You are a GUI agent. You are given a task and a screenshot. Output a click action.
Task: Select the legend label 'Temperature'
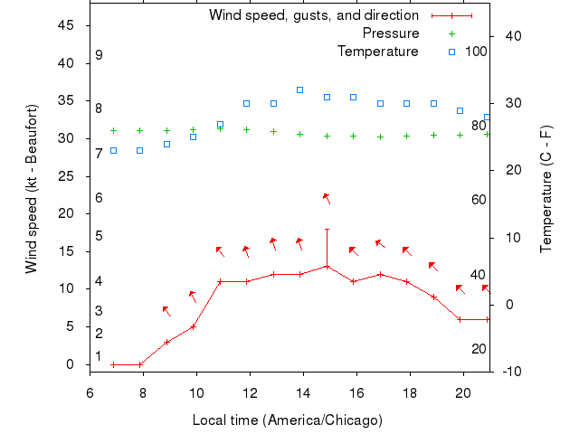pyautogui.click(x=377, y=52)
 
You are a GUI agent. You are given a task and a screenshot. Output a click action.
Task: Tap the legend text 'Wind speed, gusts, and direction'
pyautogui.click(x=313, y=15)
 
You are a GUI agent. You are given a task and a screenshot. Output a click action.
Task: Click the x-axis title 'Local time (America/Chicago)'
pyautogui.click(x=287, y=420)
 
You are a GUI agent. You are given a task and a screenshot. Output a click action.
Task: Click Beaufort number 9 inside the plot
pyautogui.click(x=99, y=55)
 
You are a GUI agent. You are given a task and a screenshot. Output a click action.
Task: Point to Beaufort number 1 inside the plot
pyautogui.click(x=99, y=356)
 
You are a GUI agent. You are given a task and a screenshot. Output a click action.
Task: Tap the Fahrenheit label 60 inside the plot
pyautogui.click(x=479, y=200)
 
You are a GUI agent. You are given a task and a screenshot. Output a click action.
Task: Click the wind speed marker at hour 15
pyautogui.click(x=327, y=267)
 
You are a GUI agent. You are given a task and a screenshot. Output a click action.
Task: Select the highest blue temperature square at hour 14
pyautogui.click(x=300, y=90)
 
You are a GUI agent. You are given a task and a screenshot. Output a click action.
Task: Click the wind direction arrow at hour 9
pyautogui.click(x=166, y=311)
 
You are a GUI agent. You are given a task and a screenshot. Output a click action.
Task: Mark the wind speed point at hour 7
pyautogui.click(x=113, y=364)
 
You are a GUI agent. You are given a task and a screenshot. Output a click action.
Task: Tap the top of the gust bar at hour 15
pyautogui.click(x=327, y=230)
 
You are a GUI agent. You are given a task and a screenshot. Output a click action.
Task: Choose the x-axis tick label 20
pyautogui.click(x=462, y=392)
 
